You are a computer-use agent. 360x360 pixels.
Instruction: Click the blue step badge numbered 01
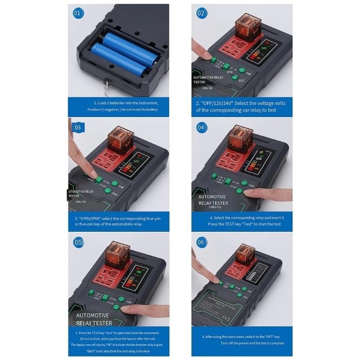[x=77, y=13]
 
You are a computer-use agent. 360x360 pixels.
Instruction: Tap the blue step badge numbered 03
[x=77, y=127]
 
